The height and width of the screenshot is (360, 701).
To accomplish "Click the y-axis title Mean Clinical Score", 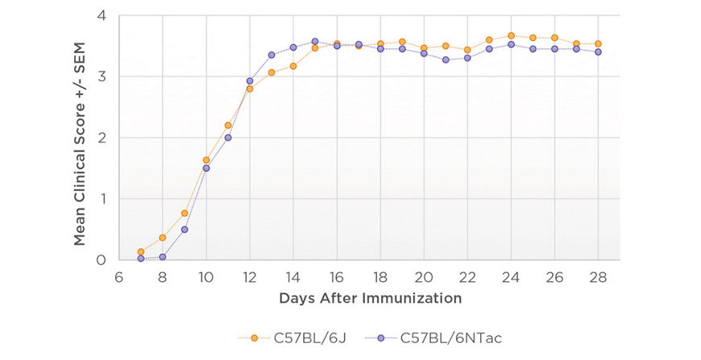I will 80,138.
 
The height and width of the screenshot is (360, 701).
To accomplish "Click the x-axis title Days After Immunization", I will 371,298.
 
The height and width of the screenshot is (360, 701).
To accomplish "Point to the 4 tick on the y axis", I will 102,15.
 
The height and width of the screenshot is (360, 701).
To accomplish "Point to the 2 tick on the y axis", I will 102,138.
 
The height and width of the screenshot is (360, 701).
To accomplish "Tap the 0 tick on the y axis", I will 102,260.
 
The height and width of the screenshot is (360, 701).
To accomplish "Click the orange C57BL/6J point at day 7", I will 141,252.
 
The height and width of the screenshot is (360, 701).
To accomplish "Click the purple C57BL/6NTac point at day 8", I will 163,257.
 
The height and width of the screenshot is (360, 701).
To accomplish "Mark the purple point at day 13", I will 272,55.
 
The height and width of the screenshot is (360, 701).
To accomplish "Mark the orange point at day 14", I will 293,66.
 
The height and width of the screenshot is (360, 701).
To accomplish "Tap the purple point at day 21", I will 446,60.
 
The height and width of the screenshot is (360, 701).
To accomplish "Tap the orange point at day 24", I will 511,35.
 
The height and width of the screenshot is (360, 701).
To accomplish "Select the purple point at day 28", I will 598,52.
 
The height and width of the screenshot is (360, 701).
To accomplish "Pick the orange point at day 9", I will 185,213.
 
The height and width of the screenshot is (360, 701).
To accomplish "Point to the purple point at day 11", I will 228,138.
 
